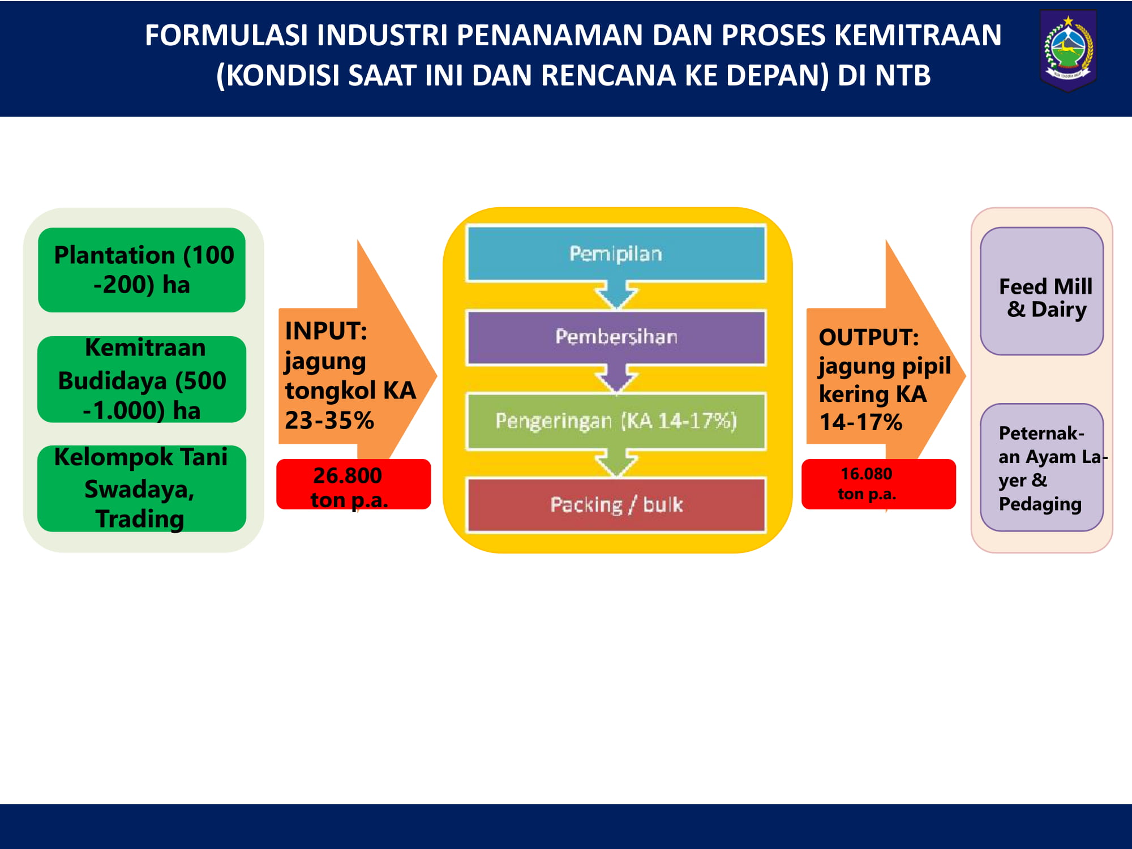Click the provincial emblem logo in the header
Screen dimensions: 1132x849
[1068, 51]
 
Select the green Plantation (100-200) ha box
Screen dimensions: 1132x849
[141, 270]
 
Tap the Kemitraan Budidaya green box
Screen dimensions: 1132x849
[141, 379]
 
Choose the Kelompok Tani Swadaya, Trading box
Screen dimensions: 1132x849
[141, 488]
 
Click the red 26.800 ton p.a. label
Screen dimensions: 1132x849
[353, 484]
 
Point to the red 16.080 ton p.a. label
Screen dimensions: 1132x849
[878, 484]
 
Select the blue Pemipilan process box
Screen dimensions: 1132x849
[616, 254]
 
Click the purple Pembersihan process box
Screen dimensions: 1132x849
[616, 337]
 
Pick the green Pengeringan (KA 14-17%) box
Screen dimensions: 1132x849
[616, 421]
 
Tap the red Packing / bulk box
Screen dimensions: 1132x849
[616, 505]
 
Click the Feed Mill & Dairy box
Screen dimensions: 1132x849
[1041, 291]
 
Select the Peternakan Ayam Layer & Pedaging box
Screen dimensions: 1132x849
[1041, 468]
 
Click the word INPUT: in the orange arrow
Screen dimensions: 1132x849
[326, 331]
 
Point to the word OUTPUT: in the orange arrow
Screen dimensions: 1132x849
[869, 337]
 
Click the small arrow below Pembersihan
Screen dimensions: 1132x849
[616, 379]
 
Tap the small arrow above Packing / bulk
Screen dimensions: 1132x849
[616, 463]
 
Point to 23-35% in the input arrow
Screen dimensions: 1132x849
[329, 421]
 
